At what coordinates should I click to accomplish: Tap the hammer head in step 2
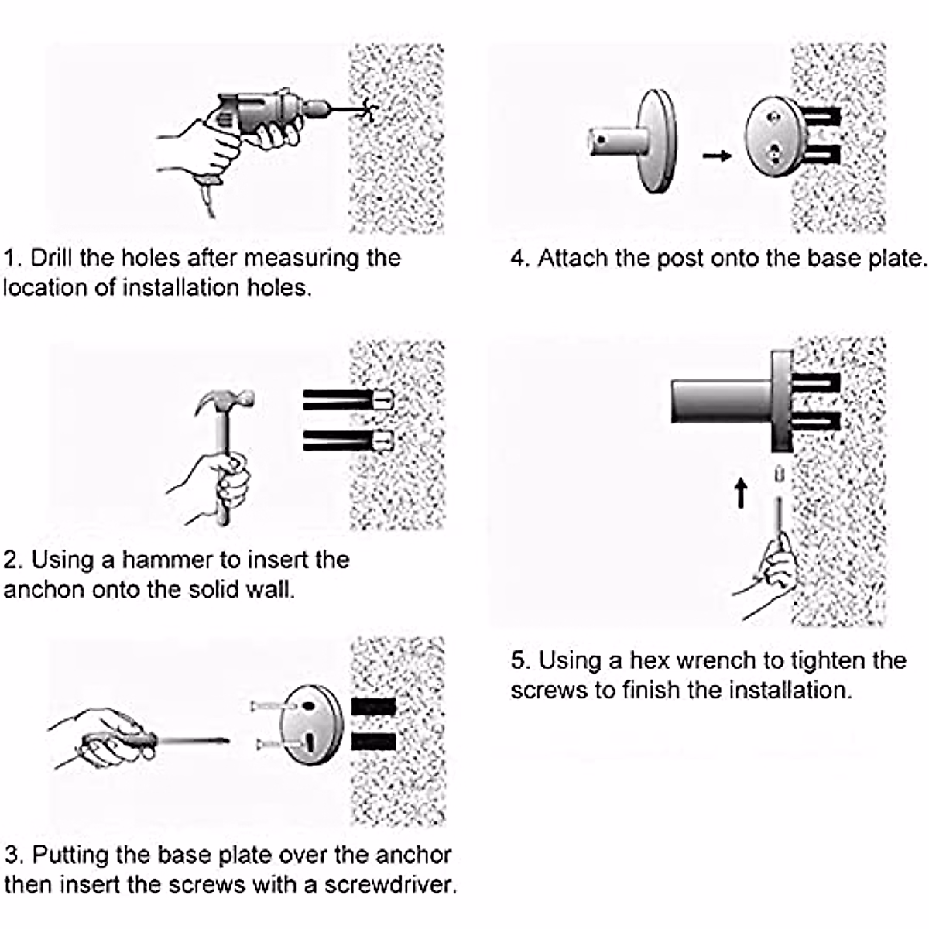click(x=225, y=403)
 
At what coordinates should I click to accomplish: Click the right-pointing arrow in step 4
click(x=717, y=156)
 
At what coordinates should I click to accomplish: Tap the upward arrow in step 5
click(x=741, y=492)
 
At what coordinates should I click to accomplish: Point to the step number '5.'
click(x=520, y=660)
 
